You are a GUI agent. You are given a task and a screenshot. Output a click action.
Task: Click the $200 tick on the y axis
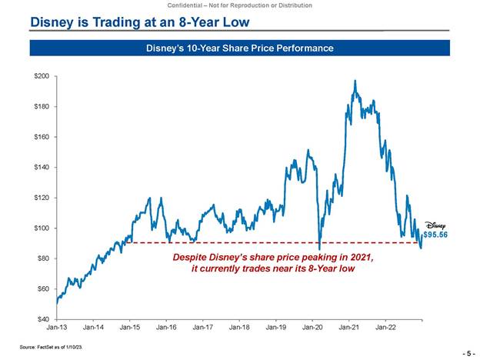42,76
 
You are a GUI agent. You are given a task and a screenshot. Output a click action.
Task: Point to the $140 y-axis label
42,167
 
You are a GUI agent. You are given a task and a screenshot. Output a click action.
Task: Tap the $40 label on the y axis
43,318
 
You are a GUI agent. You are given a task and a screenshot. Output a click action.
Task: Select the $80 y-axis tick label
43,258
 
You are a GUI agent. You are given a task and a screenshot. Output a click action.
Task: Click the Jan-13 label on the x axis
56,328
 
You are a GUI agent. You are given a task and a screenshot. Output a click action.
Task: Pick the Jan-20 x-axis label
312,328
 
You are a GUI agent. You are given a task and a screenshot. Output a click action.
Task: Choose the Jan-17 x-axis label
202,328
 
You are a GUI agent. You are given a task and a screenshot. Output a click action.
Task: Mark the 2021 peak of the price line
355,80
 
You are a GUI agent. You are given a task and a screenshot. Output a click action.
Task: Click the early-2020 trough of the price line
318,246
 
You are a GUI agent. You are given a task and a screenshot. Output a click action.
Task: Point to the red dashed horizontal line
231,242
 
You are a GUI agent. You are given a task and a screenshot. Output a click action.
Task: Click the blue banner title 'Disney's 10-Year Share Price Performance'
239,48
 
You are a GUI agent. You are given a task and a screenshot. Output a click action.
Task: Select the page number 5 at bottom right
468,352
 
